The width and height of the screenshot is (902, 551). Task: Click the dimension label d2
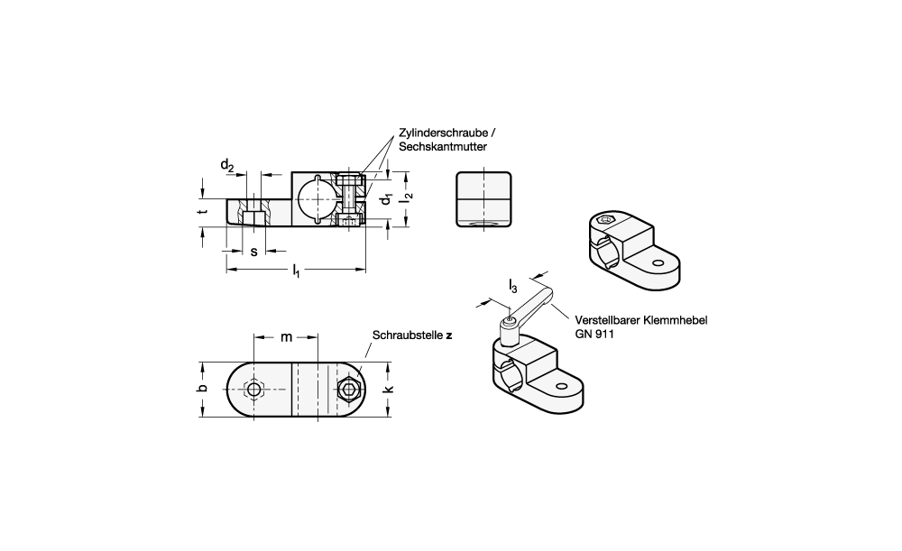pyautogui.click(x=227, y=166)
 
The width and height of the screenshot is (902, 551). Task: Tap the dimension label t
pyautogui.click(x=201, y=212)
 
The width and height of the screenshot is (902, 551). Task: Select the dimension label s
pyautogui.click(x=253, y=252)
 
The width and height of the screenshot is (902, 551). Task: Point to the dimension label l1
pyautogui.click(x=296, y=271)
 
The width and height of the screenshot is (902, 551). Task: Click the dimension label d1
pyautogui.click(x=387, y=198)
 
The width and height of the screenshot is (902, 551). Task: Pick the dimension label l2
pyautogui.click(x=409, y=196)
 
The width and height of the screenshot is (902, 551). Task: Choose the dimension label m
pyautogui.click(x=286, y=337)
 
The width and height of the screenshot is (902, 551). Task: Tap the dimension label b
pyautogui.click(x=202, y=389)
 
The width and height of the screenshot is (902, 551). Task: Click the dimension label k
pyautogui.click(x=389, y=389)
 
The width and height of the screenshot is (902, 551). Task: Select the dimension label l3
pyautogui.click(x=513, y=285)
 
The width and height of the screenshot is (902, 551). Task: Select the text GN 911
pyautogui.click(x=594, y=335)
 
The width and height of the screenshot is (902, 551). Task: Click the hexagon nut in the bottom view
pyautogui.click(x=348, y=390)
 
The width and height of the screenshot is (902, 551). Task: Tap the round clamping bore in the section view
pyautogui.click(x=315, y=199)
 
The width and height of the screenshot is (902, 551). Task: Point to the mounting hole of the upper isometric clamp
pyautogui.click(x=658, y=264)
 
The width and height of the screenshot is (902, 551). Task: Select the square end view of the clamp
pyautogui.click(x=483, y=199)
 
